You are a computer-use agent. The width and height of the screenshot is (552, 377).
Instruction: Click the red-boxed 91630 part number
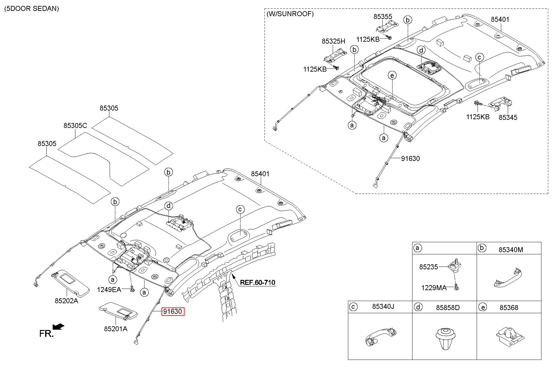point(173,312)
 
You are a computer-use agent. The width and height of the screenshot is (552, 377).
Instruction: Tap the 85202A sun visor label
point(66,301)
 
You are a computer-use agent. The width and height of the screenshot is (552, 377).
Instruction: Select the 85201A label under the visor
point(116,329)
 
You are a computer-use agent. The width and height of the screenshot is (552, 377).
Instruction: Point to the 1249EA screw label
point(109,290)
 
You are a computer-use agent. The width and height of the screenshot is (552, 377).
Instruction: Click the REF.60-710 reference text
point(257,283)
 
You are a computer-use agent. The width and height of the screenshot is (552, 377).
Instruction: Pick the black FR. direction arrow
point(59,327)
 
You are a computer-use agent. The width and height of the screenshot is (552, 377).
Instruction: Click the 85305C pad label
point(75,125)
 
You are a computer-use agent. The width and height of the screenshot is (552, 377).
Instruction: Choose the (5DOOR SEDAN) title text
point(31,8)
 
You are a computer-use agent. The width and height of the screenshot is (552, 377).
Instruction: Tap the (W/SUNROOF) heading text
point(290,14)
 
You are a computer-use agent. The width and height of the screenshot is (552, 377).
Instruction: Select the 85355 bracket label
point(383,16)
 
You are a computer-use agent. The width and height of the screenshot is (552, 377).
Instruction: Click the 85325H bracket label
point(333,41)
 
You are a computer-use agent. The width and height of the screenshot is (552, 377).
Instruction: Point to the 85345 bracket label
point(508,117)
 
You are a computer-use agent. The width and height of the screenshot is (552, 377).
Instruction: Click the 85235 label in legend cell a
point(428,267)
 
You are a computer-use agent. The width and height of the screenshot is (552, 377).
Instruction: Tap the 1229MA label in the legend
point(434,288)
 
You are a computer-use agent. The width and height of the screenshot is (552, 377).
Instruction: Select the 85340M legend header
point(511,250)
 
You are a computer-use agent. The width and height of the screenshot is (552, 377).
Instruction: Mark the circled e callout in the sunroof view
point(392,75)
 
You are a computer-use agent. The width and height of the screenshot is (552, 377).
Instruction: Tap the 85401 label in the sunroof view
point(500,19)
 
